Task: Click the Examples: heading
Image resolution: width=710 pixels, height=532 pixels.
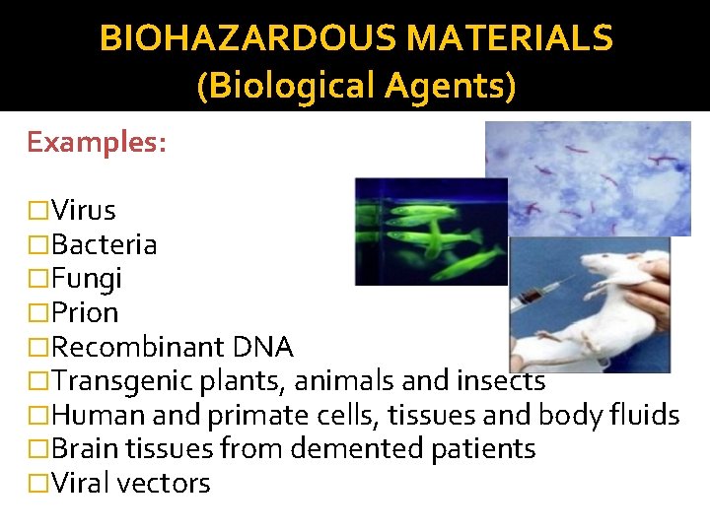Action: [97, 142]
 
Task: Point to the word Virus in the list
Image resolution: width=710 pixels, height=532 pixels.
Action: [84, 210]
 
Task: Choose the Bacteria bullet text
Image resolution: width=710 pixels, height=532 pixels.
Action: [104, 244]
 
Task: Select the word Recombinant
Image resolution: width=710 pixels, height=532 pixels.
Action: [139, 348]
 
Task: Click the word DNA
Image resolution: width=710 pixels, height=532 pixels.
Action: [263, 348]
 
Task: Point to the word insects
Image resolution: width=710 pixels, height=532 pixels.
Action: [502, 380]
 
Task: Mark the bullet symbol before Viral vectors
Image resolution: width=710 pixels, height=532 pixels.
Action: [37, 484]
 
